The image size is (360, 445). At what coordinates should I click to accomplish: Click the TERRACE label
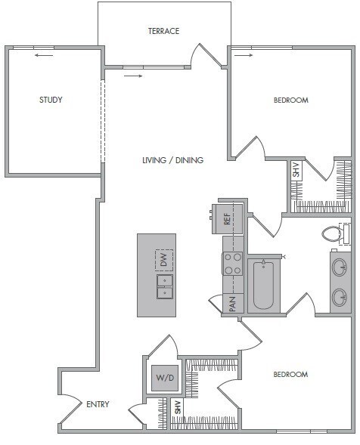[163, 31]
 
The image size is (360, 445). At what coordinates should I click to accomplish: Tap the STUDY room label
[51, 100]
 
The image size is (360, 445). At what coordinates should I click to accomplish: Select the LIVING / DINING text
[173, 160]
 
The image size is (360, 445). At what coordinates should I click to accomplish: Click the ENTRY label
[98, 404]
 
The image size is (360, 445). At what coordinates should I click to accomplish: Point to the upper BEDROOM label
[290, 100]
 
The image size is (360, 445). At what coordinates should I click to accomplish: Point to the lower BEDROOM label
[290, 375]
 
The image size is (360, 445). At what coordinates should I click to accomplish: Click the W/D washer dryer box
[164, 378]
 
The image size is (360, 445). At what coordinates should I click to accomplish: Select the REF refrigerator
[227, 218]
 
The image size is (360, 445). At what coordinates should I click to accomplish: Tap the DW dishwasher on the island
[164, 261]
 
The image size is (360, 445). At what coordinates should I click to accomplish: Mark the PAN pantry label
[232, 304]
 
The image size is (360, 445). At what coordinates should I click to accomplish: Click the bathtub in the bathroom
[262, 285]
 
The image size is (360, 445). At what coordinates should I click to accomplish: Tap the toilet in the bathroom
[335, 233]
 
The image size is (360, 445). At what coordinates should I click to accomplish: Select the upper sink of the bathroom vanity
[340, 267]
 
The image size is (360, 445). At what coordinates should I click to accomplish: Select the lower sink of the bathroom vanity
[340, 296]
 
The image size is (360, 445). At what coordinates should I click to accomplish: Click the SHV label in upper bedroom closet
[296, 171]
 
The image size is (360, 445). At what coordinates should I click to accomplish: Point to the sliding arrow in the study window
[44, 54]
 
